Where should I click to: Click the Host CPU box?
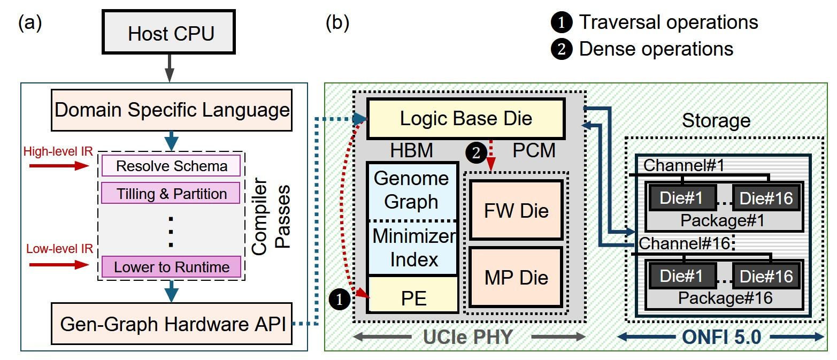click(171, 34)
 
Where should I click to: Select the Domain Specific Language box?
click(171, 111)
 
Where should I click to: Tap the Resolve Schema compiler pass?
click(171, 166)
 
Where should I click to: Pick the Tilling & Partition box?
click(171, 193)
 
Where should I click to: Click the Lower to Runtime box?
click(171, 266)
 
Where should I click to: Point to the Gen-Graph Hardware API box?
click(171, 324)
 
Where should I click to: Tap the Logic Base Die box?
click(466, 118)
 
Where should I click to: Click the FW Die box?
click(516, 210)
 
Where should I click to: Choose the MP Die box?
click(516, 278)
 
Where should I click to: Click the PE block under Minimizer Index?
click(413, 297)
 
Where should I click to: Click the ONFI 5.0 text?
click(720, 336)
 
